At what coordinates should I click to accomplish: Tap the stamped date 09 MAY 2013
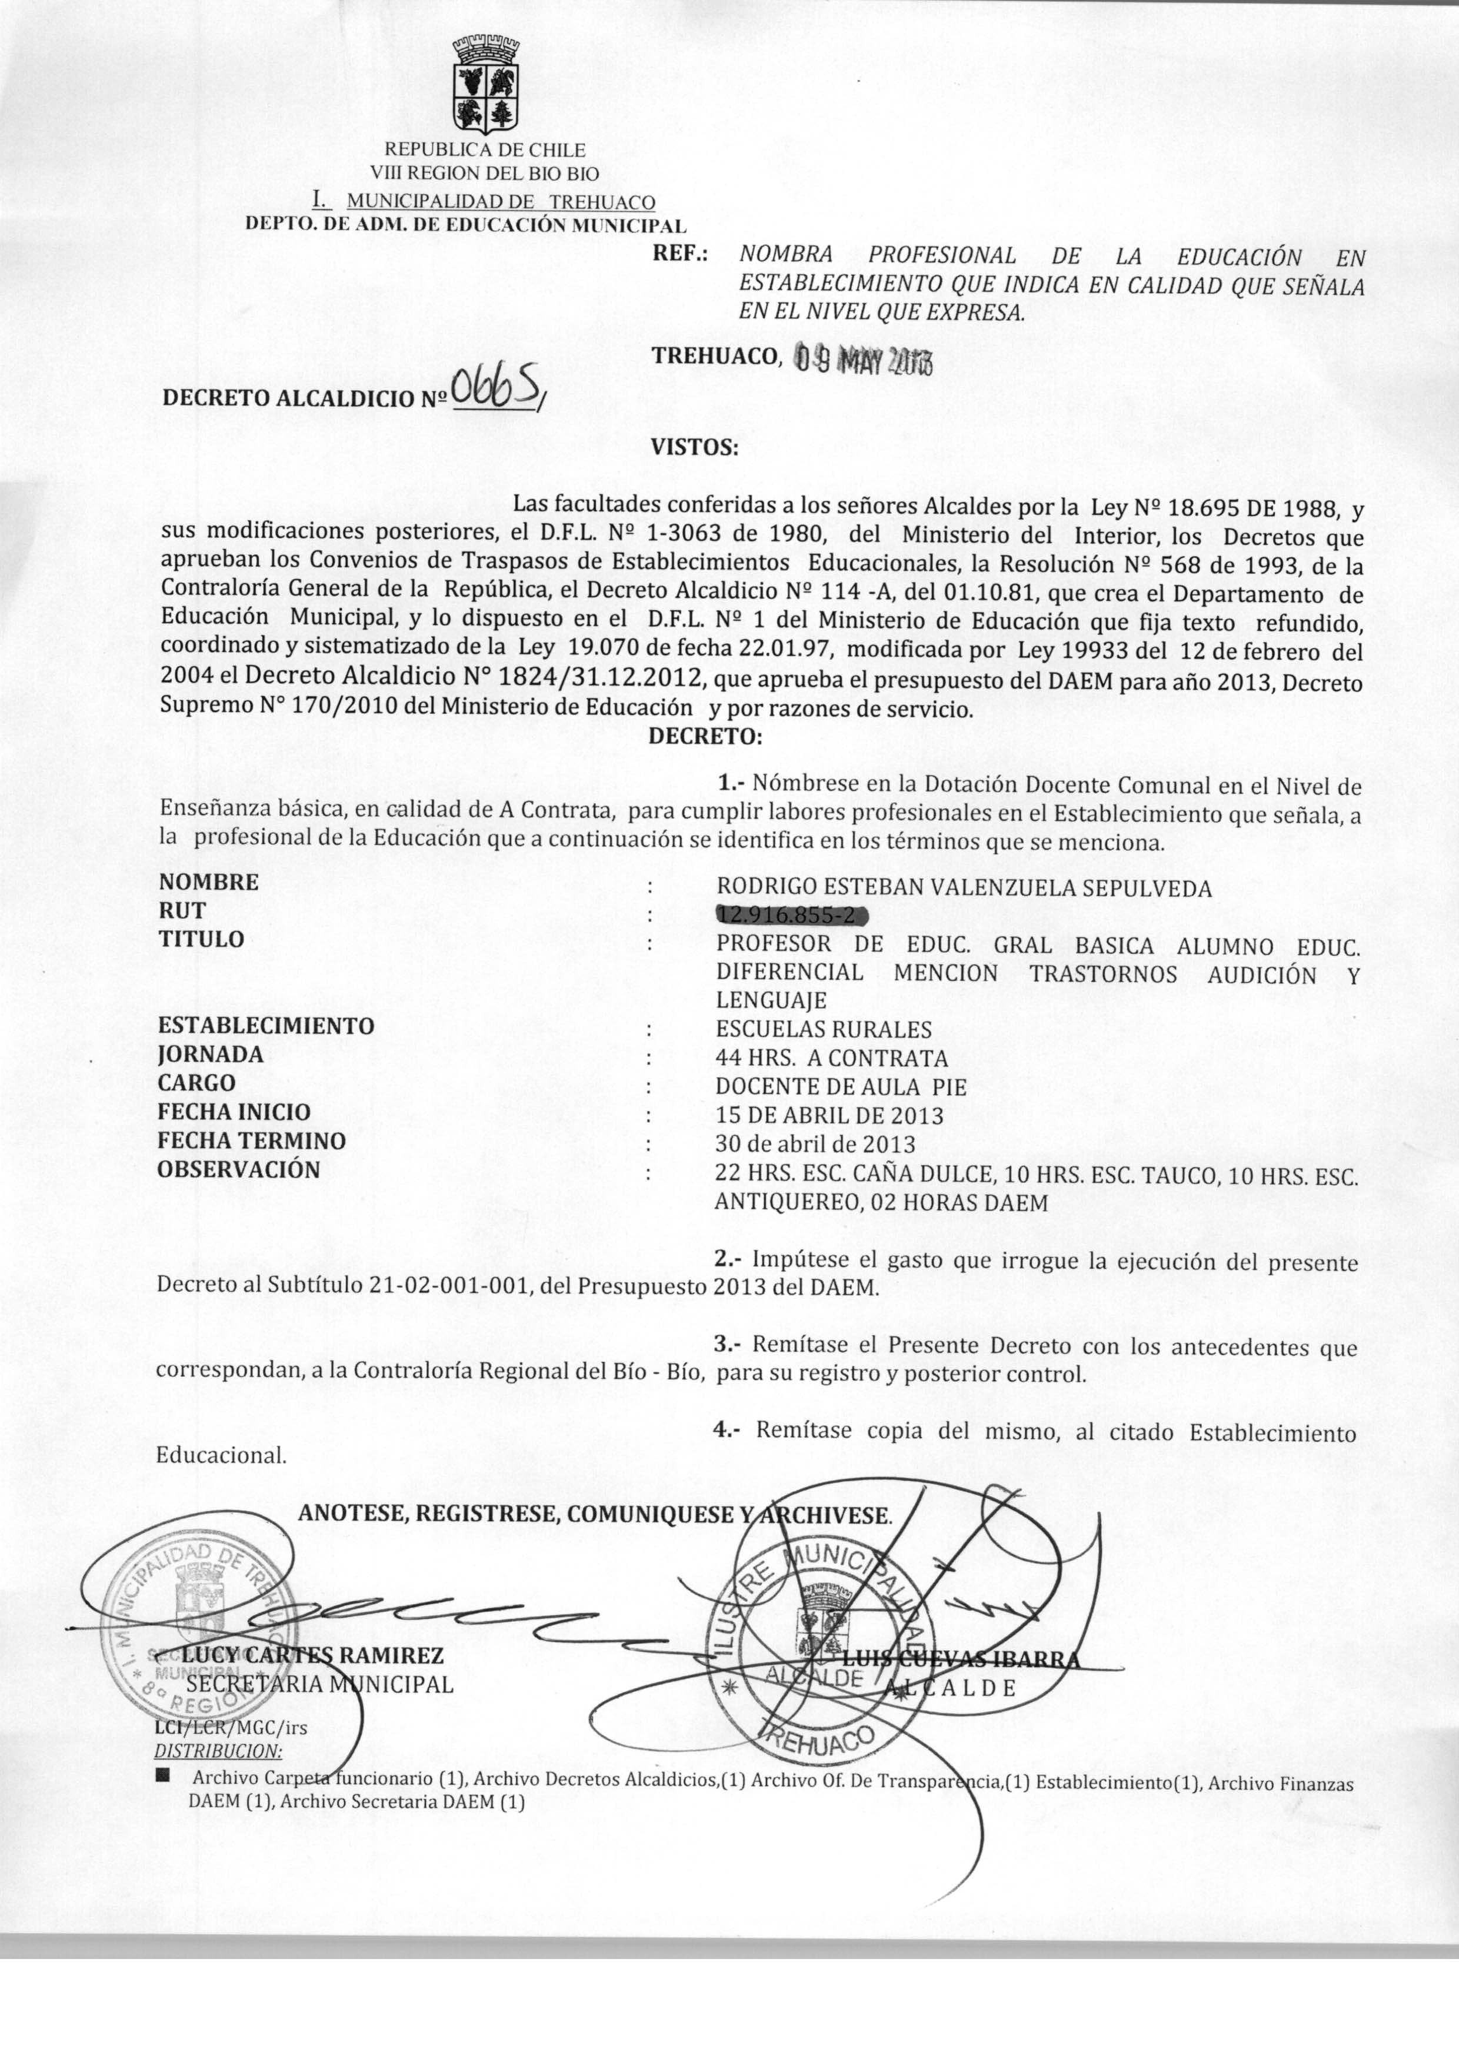tap(864, 360)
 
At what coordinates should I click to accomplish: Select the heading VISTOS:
tap(694, 447)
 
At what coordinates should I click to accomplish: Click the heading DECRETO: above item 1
tap(704, 737)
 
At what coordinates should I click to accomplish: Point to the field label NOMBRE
tap(208, 882)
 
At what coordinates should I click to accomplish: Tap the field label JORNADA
tap(210, 1055)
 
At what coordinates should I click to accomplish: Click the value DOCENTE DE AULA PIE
tap(841, 1086)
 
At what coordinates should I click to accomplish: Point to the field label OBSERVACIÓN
tap(238, 1170)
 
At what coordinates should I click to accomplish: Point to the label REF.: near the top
tap(680, 254)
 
